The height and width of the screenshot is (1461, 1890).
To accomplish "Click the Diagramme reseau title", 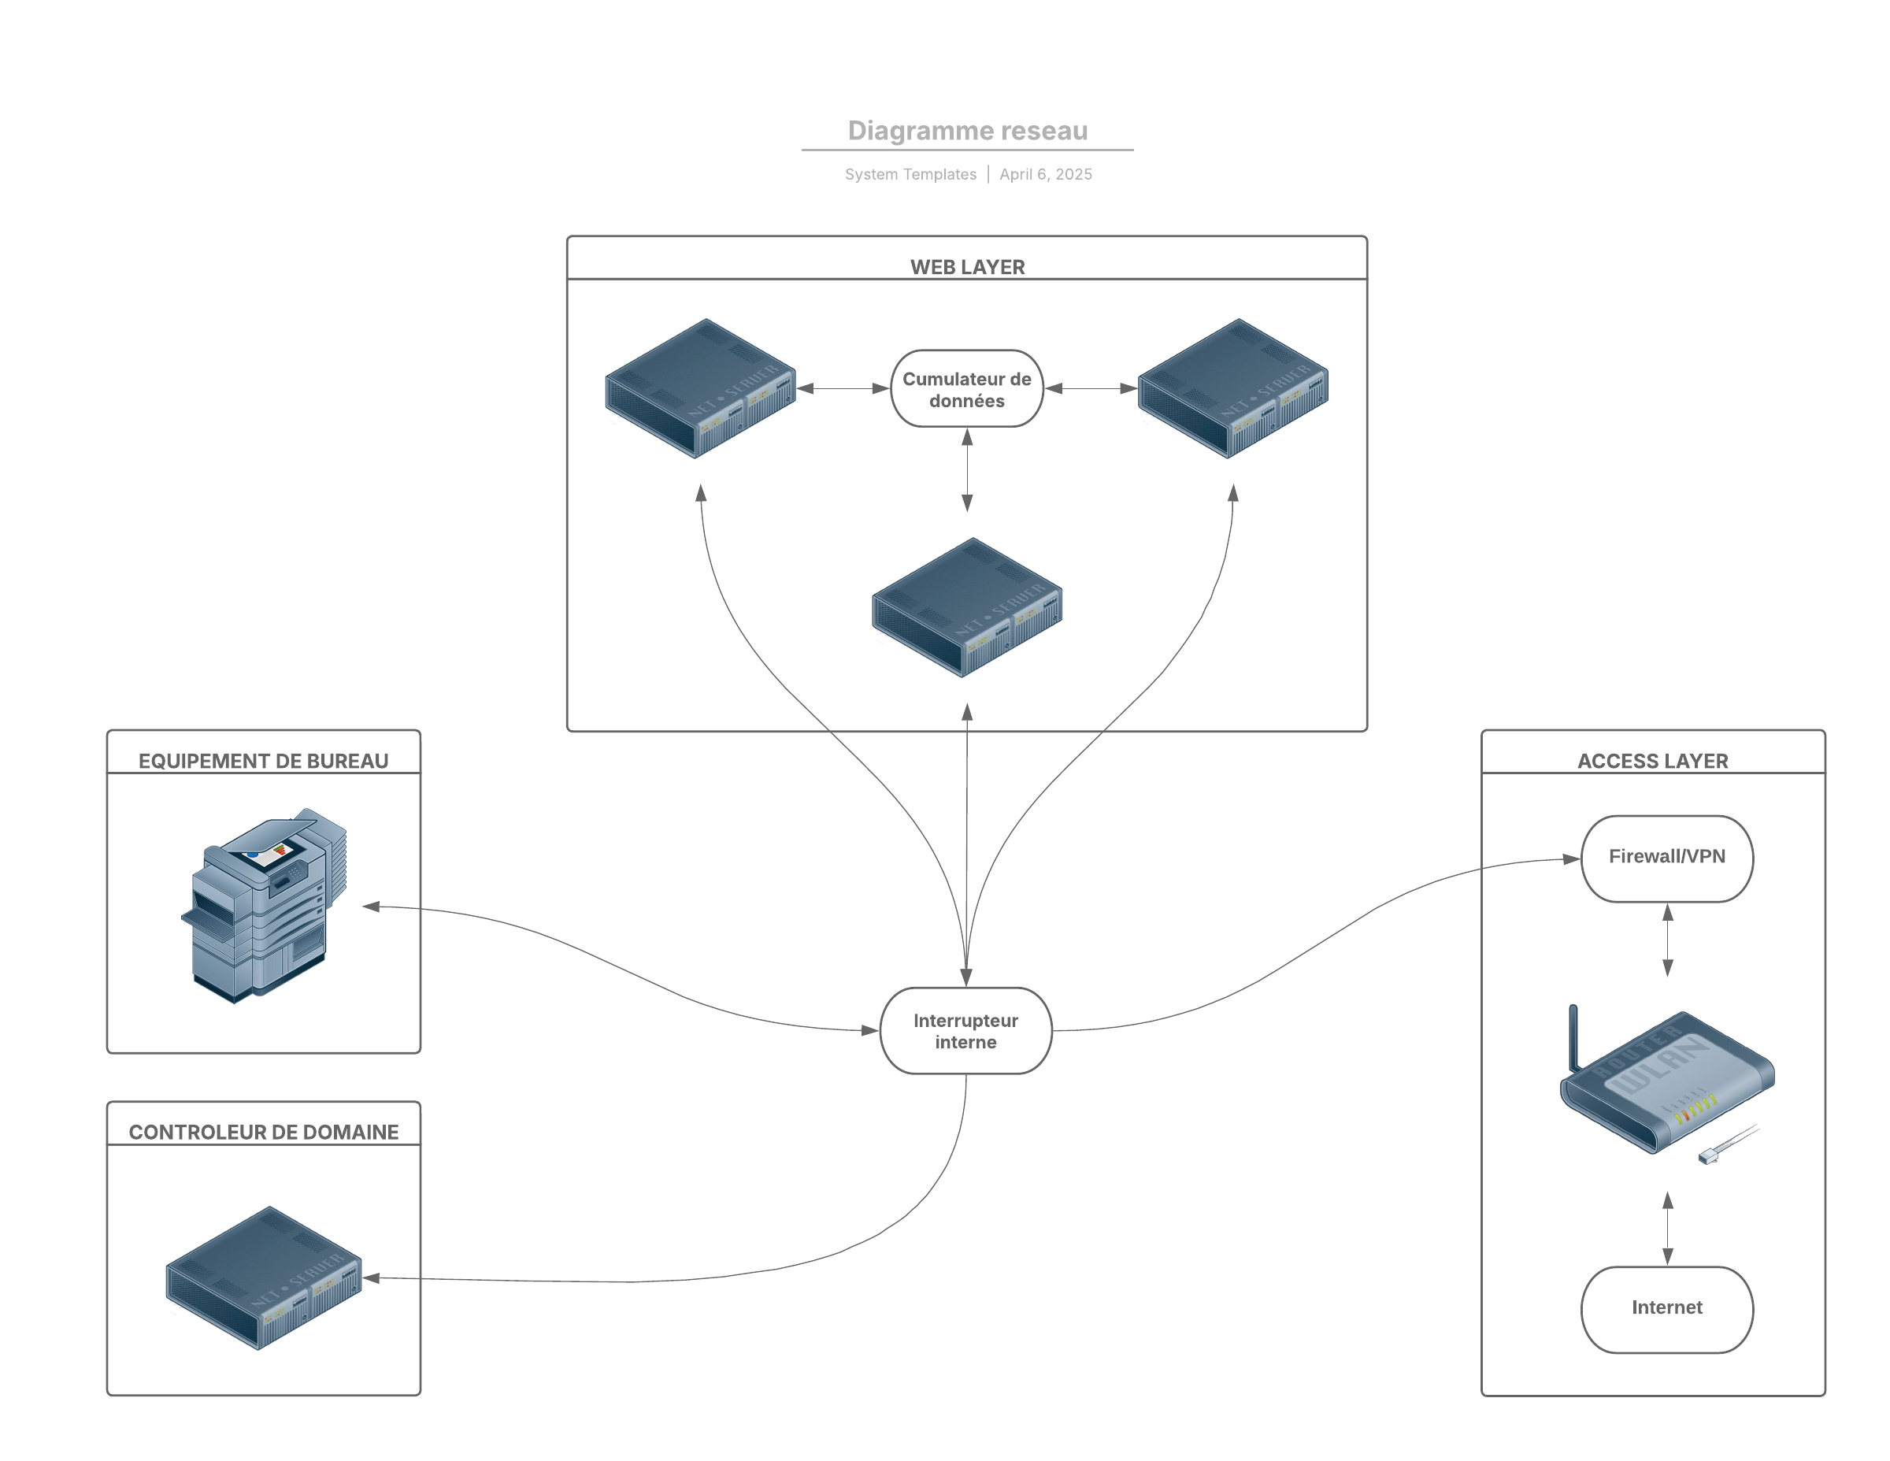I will click(x=968, y=131).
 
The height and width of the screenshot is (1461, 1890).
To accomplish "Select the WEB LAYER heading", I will click(x=968, y=266).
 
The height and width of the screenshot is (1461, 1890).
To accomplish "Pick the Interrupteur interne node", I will click(x=965, y=1031).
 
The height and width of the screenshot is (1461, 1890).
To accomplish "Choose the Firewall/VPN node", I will click(x=1666, y=857).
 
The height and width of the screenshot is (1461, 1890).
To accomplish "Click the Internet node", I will click(x=1666, y=1307).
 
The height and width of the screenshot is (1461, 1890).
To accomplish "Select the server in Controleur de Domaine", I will click(x=264, y=1277).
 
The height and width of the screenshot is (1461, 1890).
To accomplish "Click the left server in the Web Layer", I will click(x=700, y=388).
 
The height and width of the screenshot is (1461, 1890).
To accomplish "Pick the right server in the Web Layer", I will click(x=1232, y=388).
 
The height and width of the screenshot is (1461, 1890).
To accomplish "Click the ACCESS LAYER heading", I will click(x=1652, y=761).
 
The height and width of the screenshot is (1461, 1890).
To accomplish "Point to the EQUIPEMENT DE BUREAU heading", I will click(x=263, y=761).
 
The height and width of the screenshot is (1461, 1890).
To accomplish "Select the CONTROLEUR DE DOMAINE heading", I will click(x=263, y=1132).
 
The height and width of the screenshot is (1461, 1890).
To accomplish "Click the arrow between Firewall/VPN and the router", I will click(x=1668, y=940).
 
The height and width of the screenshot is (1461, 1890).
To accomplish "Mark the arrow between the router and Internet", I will click(x=1668, y=1228).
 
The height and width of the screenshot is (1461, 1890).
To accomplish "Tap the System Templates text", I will click(x=910, y=174).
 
